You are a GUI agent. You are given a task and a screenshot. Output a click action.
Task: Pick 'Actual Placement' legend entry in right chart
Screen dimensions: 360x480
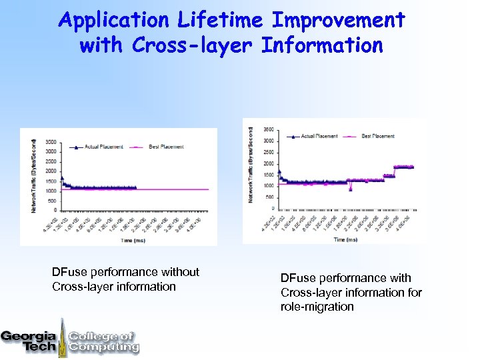pyautogui.click(x=315, y=136)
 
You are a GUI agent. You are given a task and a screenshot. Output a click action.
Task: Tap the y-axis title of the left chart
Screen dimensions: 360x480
pyautogui.click(x=33, y=176)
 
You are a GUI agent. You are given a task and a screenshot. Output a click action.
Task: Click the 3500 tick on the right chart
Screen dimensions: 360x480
pyautogui.click(x=268, y=129)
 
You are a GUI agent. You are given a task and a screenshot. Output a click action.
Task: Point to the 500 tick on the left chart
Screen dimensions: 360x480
pyautogui.click(x=52, y=200)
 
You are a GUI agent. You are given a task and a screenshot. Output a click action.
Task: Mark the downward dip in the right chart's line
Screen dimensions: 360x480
pyautogui.click(x=351, y=189)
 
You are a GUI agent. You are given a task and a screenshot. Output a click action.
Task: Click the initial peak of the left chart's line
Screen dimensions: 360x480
pyautogui.click(x=62, y=178)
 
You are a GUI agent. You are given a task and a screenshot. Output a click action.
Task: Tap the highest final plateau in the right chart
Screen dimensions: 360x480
pyautogui.click(x=403, y=167)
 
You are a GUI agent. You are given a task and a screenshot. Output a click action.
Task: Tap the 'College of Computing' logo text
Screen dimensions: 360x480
pyautogui.click(x=103, y=341)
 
